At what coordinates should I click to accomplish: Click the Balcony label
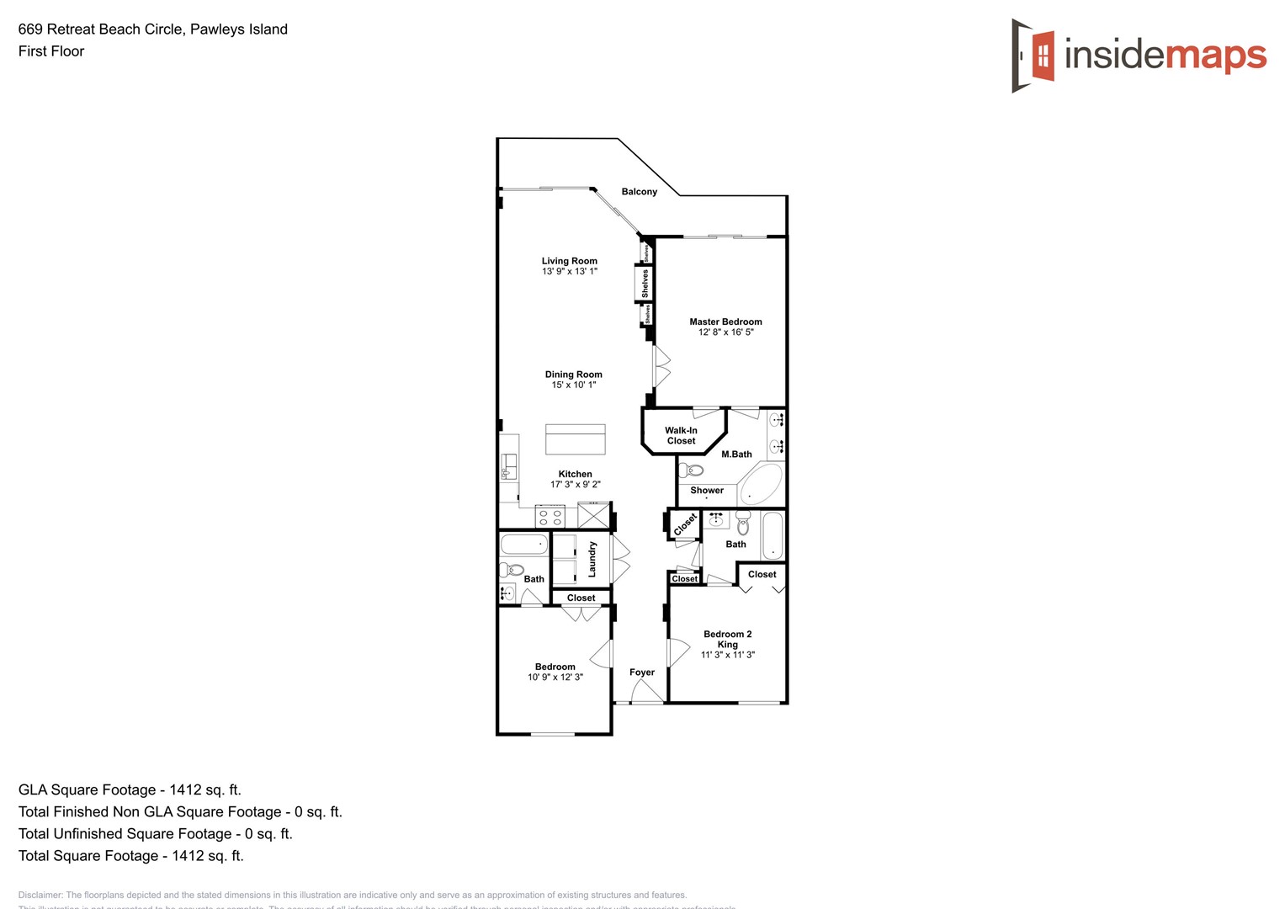click(x=640, y=192)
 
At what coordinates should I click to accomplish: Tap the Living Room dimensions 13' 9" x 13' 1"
click(x=570, y=272)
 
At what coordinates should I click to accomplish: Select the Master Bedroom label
click(x=725, y=322)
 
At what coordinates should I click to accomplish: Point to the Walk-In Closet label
click(x=681, y=435)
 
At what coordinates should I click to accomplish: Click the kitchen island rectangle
click(x=576, y=439)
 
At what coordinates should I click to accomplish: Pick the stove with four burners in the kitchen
click(x=550, y=517)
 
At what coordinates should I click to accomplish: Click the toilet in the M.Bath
click(x=692, y=470)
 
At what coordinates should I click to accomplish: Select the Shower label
click(x=707, y=491)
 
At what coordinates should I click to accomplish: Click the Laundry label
click(x=592, y=559)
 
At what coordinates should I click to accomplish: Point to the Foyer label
click(x=642, y=672)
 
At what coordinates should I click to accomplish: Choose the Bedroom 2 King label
click(x=728, y=639)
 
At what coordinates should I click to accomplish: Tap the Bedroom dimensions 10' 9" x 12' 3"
click(x=555, y=678)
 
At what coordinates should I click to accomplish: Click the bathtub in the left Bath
click(x=524, y=544)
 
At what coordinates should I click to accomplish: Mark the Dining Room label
click(x=574, y=375)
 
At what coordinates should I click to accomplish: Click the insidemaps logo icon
click(x=1033, y=56)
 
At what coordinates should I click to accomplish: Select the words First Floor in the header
click(x=51, y=51)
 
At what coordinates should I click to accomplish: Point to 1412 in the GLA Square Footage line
click(x=185, y=789)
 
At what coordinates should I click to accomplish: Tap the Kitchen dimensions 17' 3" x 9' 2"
click(x=576, y=485)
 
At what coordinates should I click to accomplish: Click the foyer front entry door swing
click(x=646, y=692)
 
